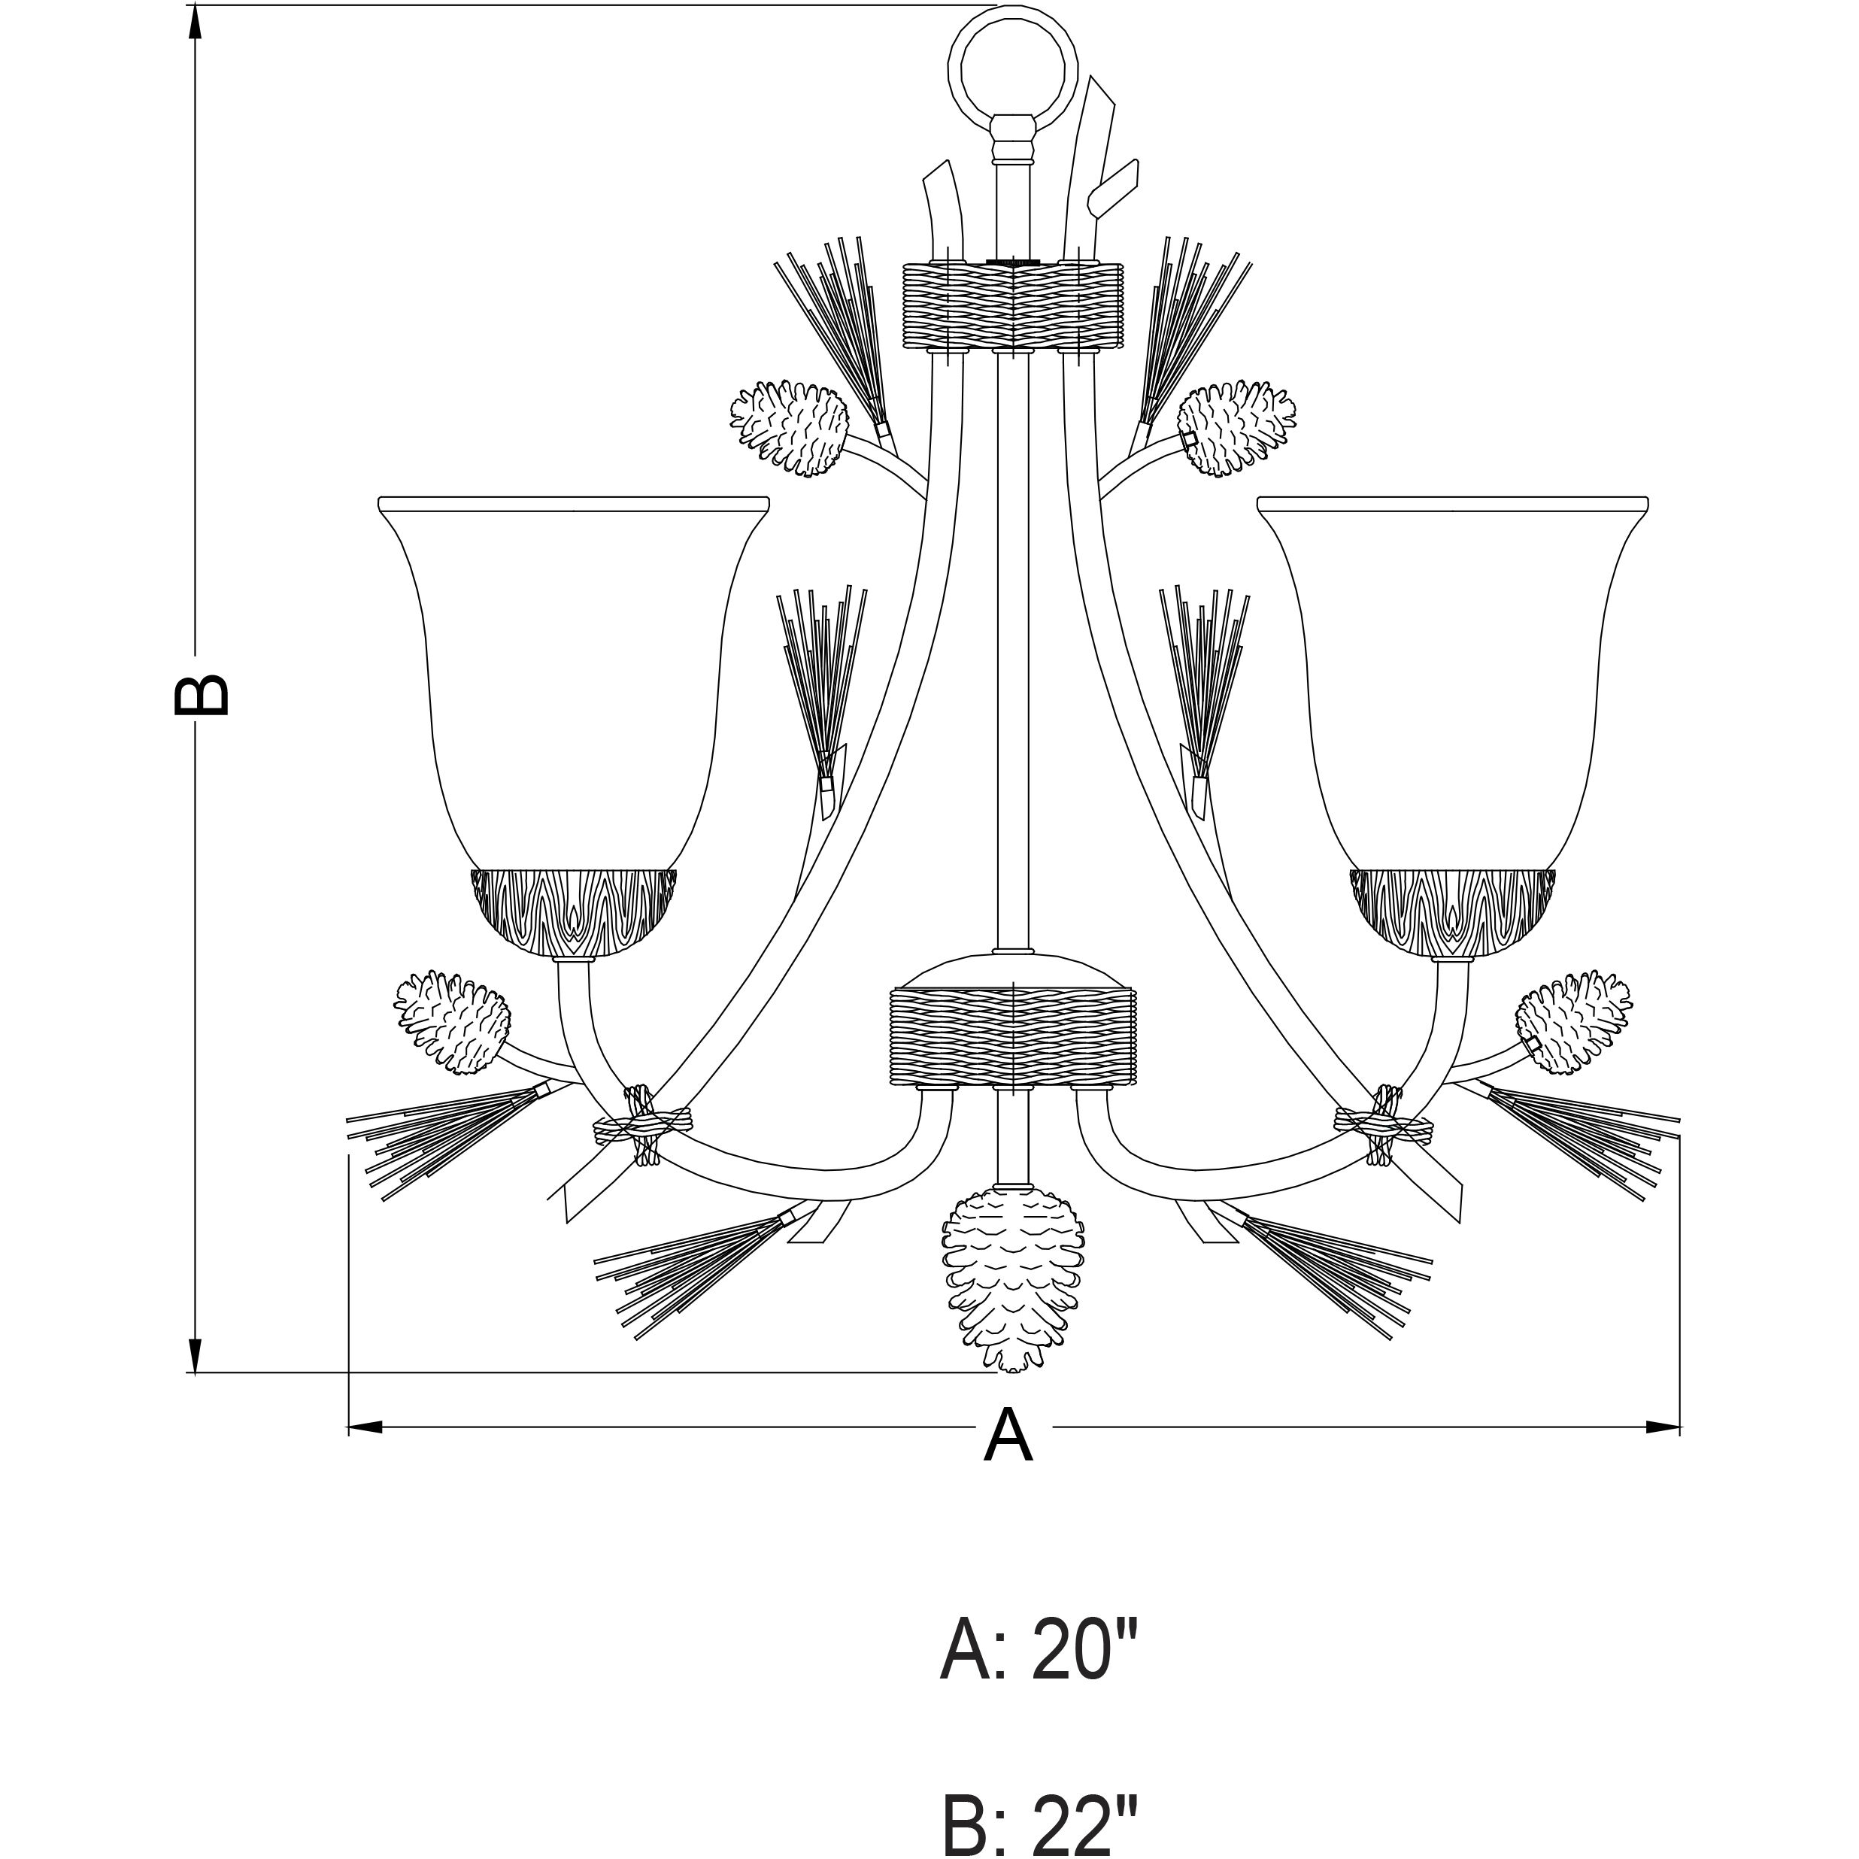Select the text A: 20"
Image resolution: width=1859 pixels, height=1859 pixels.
click(x=1039, y=1649)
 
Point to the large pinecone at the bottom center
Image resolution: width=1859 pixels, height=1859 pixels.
click(x=1013, y=1280)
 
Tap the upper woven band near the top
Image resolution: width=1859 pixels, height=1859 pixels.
click(x=1012, y=306)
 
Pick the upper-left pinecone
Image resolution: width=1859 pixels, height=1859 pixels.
click(x=789, y=427)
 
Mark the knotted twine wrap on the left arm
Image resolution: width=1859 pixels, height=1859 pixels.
click(x=643, y=1124)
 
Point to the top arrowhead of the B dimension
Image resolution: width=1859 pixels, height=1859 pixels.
click(x=196, y=24)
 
